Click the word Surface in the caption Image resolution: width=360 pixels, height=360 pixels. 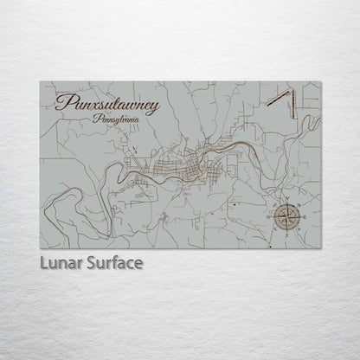pyautogui.click(x=113, y=262)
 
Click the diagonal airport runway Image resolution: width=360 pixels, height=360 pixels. pyautogui.click(x=279, y=98)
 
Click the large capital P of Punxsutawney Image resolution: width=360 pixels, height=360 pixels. pyautogui.click(x=62, y=103)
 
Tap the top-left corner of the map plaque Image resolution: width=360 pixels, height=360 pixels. pyautogui.click(x=40, y=81)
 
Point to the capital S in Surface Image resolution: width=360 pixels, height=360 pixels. pyautogui.click(x=90, y=262)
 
